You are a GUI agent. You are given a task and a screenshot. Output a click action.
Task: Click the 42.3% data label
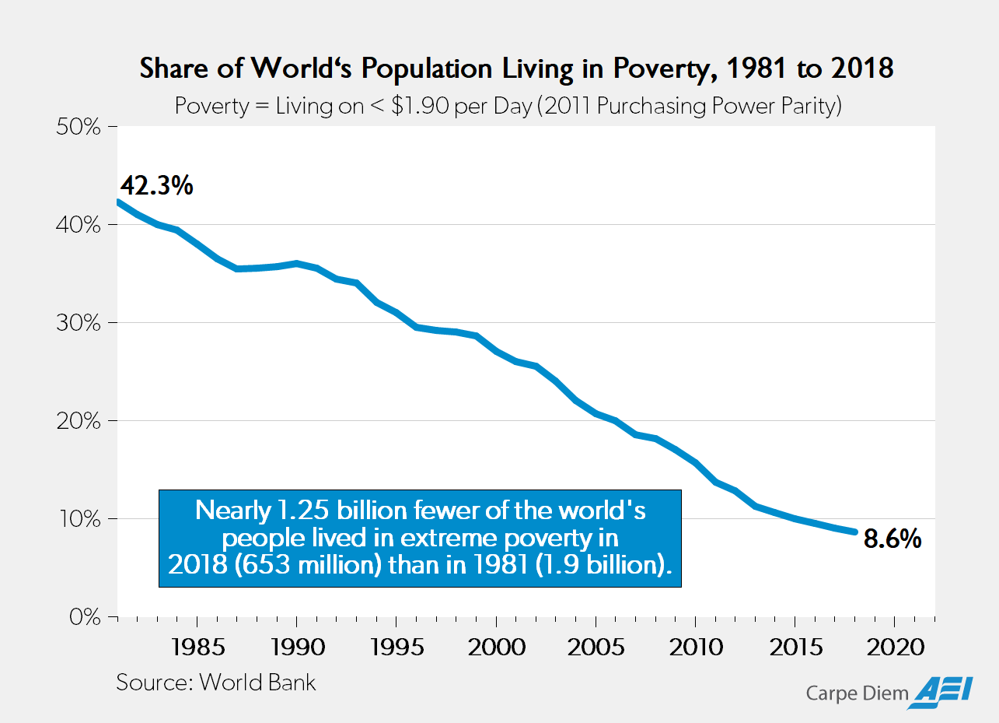click(x=156, y=187)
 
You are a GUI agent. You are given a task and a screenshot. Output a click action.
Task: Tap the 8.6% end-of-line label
click(x=893, y=539)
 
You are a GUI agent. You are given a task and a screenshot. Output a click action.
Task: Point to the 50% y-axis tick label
click(x=79, y=127)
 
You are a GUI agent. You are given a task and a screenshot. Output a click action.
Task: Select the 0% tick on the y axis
click(x=86, y=617)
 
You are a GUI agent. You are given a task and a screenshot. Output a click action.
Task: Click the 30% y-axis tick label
click(x=79, y=323)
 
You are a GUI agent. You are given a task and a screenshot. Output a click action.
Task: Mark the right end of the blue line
click(x=855, y=532)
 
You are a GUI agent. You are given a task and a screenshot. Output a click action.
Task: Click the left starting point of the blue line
click(x=117, y=202)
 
